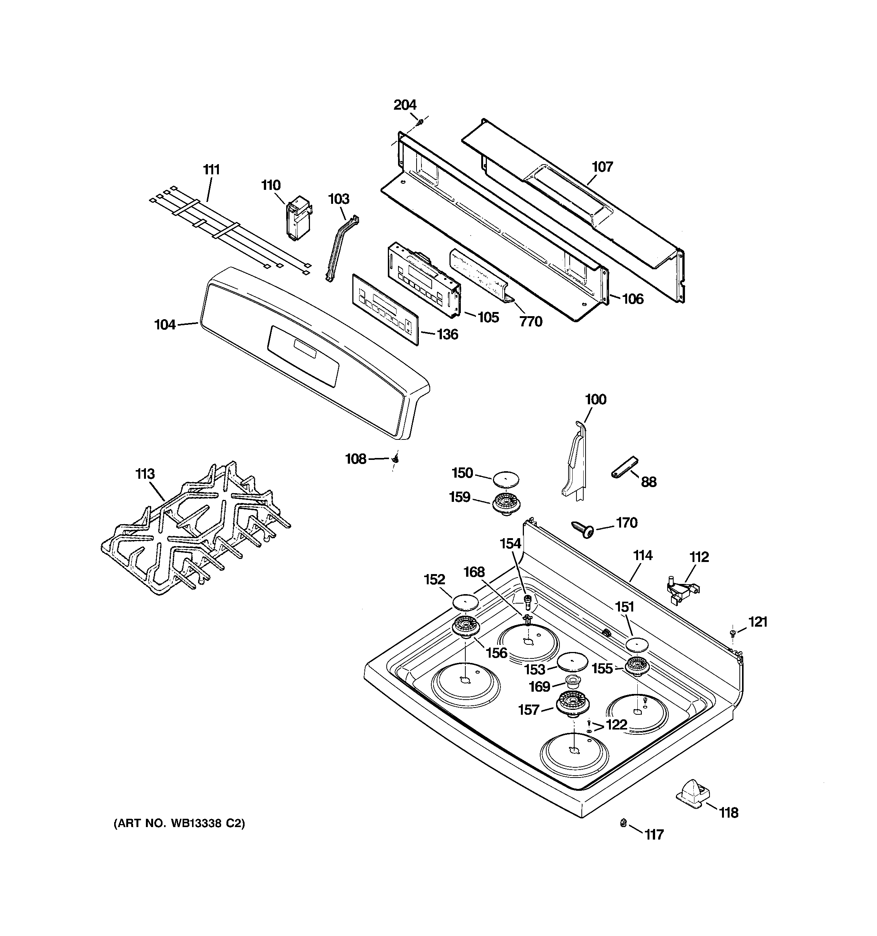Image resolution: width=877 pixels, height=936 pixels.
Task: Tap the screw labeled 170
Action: click(x=584, y=529)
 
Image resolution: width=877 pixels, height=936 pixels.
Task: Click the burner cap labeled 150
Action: click(x=507, y=479)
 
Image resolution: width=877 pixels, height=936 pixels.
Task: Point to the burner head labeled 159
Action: click(x=505, y=504)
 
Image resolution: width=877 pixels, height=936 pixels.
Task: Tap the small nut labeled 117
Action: click(x=623, y=823)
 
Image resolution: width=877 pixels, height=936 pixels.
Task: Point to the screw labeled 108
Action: click(x=396, y=459)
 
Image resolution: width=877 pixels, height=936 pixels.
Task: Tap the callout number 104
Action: click(x=165, y=324)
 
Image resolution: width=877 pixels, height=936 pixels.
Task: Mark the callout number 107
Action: click(x=603, y=167)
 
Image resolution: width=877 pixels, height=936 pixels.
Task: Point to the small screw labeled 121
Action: click(x=733, y=632)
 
